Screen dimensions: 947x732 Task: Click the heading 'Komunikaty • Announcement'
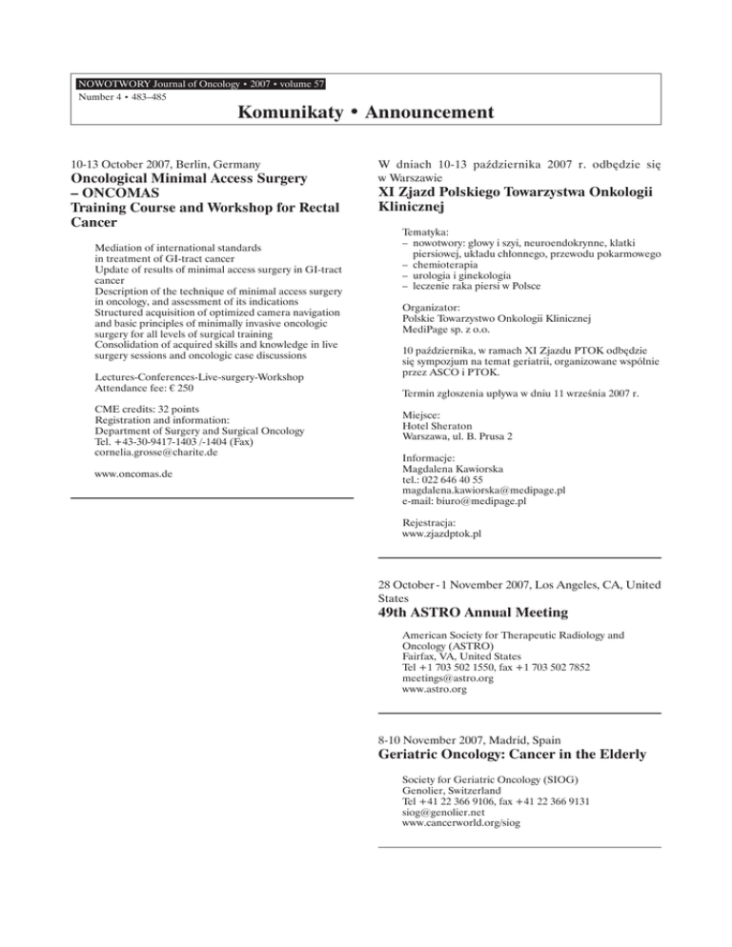(x=366, y=114)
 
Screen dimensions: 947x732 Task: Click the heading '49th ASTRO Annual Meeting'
(x=484, y=613)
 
